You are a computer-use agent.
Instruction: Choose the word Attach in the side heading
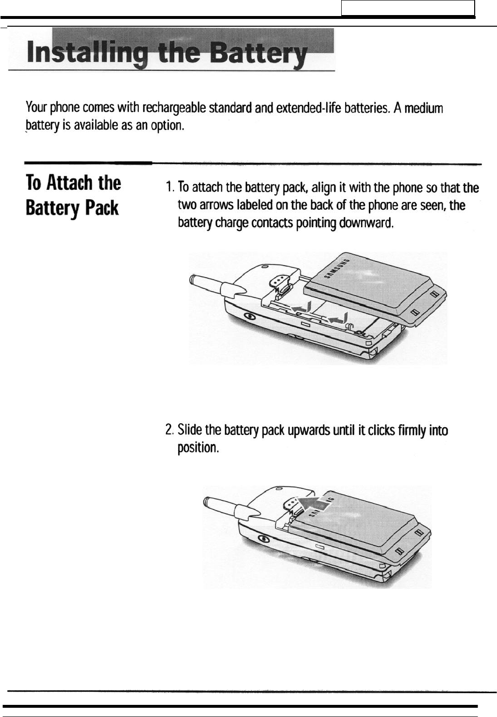69,183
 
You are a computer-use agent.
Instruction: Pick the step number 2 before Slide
168,430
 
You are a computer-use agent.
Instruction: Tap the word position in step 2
198,448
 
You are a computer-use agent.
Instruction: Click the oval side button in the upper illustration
248,316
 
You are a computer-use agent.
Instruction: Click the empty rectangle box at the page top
408,8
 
